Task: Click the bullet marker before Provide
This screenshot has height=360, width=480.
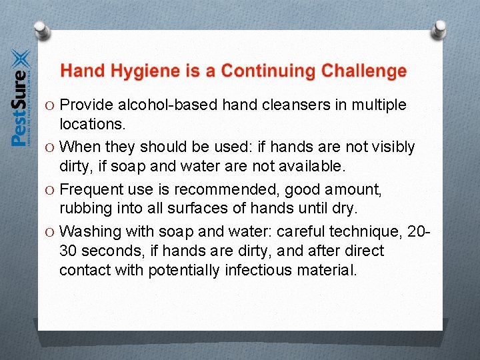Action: point(51,106)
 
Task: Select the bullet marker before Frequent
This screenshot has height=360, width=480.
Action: point(51,191)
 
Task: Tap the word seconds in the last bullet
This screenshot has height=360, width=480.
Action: point(105,251)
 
